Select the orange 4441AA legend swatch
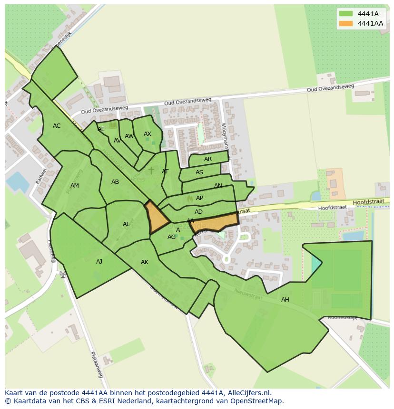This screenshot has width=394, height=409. pyautogui.click(x=346, y=23)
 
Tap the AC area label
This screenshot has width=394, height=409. pyautogui.click(x=57, y=126)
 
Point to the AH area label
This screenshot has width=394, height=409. pyautogui.click(x=285, y=300)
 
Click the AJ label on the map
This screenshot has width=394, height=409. pyautogui.click(x=99, y=262)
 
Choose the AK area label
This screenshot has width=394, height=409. pyautogui.click(x=145, y=262)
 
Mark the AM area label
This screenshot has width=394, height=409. pyautogui.click(x=75, y=186)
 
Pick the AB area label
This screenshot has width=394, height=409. pyautogui.click(x=115, y=182)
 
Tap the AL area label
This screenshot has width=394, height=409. pyautogui.click(x=126, y=224)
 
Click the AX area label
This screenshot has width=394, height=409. pyautogui.click(x=148, y=134)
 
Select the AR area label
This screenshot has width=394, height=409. pyautogui.click(x=208, y=159)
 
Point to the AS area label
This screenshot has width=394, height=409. pyautogui.click(x=199, y=172)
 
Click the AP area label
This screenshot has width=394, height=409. pyautogui.click(x=200, y=198)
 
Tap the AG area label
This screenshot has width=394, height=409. pyautogui.click(x=171, y=237)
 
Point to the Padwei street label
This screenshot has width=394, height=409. pyautogui.click(x=41, y=175)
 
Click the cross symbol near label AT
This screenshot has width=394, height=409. pyautogui.click(x=151, y=170)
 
